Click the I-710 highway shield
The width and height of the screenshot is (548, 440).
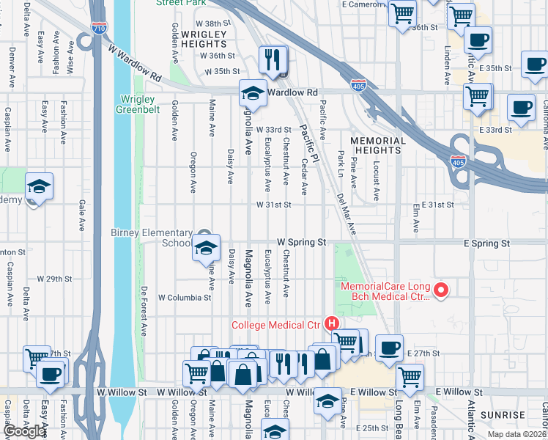pos(99,29)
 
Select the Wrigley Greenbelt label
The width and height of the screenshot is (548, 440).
pos(135,104)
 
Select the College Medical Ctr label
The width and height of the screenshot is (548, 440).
pos(276,324)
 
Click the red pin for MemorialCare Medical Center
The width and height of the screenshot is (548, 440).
pos(440,291)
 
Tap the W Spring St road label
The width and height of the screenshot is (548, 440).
pos(300,241)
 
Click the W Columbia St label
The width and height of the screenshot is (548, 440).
pos(184,298)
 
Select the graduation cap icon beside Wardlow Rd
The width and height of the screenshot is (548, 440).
pos(252,93)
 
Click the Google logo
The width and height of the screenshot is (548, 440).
pos(25,431)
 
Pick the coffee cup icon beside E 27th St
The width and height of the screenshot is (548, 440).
pos(389,348)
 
